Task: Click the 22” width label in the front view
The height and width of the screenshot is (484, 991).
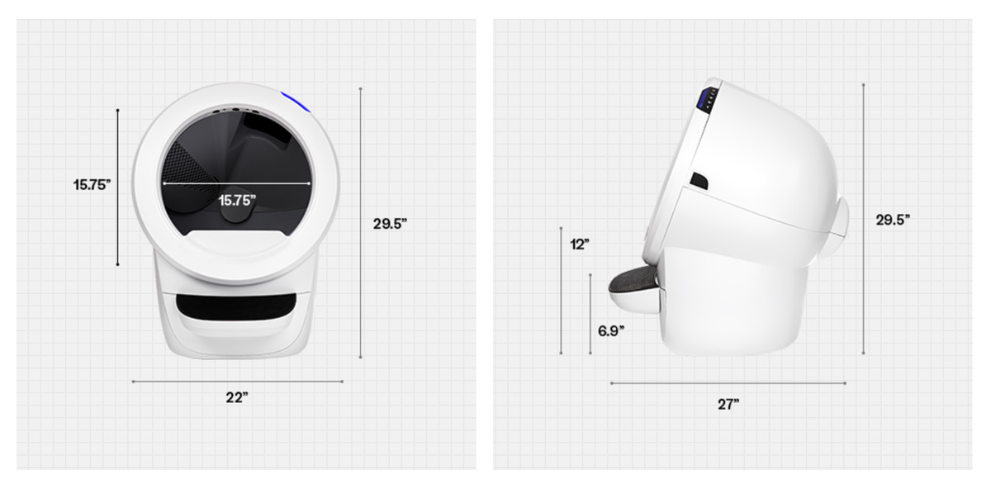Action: pyautogui.click(x=237, y=397)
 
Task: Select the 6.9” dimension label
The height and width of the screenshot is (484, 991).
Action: pyautogui.click(x=610, y=330)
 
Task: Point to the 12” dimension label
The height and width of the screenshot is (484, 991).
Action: pyautogui.click(x=580, y=244)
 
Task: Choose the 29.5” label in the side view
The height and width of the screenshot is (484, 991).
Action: pyautogui.click(x=893, y=219)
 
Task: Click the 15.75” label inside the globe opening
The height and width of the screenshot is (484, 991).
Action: pyautogui.click(x=237, y=199)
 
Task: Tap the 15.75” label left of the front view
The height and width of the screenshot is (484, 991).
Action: pyautogui.click(x=92, y=185)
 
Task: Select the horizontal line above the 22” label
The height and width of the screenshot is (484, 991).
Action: pyautogui.click(x=237, y=382)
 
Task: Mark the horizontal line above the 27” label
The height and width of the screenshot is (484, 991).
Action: pyautogui.click(x=728, y=383)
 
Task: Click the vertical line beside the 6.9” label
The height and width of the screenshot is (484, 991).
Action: pyautogui.click(x=590, y=314)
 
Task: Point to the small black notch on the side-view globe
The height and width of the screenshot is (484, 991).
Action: pyautogui.click(x=699, y=180)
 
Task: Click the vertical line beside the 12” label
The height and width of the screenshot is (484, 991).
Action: pyautogui.click(x=561, y=290)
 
